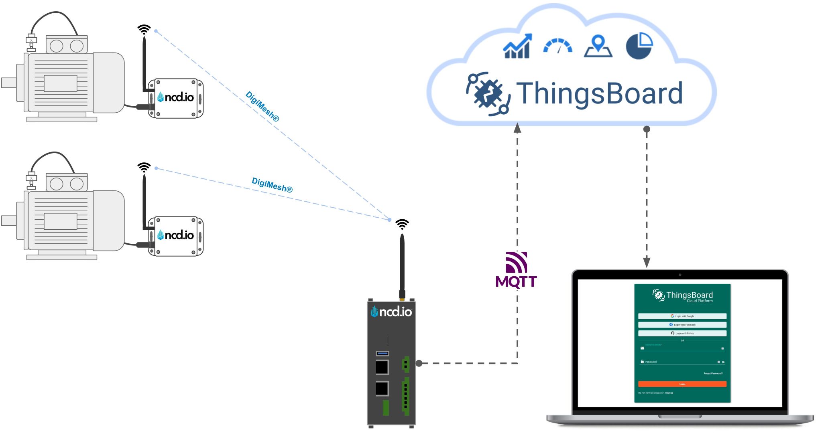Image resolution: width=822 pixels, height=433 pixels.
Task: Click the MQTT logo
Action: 516,271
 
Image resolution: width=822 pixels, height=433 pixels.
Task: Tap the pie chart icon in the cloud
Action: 639,46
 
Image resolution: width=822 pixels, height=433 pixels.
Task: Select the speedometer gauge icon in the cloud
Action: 557,47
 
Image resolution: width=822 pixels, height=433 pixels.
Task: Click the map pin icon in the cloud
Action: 598,47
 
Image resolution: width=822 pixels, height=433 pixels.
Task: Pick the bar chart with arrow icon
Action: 517,47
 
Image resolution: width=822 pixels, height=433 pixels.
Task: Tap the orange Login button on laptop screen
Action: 682,384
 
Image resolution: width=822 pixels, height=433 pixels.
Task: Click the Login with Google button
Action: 682,316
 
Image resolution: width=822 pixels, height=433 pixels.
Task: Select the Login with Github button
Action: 682,333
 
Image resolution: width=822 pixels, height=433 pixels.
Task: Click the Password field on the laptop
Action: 678,362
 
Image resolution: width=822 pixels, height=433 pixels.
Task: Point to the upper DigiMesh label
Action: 262,107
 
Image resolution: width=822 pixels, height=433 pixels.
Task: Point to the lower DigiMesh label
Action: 272,185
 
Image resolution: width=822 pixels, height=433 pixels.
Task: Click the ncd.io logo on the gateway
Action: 391,312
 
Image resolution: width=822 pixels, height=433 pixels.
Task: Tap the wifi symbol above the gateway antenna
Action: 402,224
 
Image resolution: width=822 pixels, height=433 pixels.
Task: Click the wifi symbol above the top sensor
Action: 144,29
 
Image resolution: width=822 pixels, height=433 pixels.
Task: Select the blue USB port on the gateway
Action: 382,353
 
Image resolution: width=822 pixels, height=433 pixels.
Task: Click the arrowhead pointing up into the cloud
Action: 517,128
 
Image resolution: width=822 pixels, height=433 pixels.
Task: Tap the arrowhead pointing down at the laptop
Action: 647,262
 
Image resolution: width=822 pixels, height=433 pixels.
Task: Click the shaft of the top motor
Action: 8,83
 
